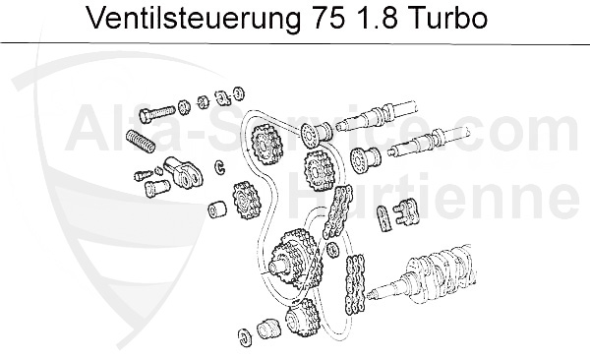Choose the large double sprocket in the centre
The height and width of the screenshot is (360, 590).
pos(294,257)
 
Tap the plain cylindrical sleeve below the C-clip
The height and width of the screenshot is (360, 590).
pos(211,210)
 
